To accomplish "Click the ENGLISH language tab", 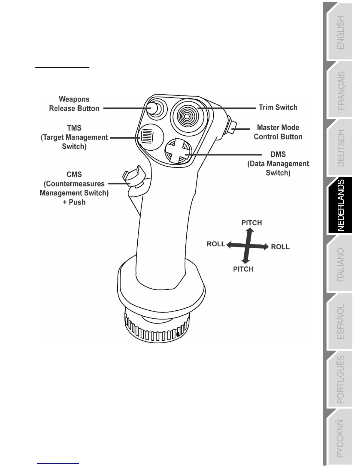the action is [340, 32].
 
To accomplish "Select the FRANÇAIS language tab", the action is [340, 91].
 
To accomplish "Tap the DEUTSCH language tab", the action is [340, 148].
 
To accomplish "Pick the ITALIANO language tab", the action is [340, 265].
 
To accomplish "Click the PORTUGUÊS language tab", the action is [340, 380].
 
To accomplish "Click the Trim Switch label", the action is [278, 107].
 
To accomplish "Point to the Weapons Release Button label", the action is [74, 104].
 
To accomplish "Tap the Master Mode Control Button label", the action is [278, 132].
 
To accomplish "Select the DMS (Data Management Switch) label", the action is [278, 164].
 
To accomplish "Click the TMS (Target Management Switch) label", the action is [74, 137].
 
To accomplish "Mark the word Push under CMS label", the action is [77, 202].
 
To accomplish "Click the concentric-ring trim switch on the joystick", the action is [186, 116].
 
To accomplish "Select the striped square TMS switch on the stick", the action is [147, 136].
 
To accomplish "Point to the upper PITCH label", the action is [251, 223].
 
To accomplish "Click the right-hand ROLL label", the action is [280, 247].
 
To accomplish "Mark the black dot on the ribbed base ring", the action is [178, 334].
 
